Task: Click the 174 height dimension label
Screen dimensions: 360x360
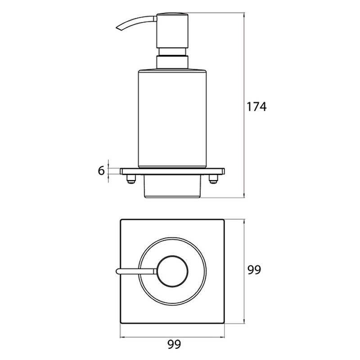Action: tap(256, 107)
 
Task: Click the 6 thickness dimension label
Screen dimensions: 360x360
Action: tap(101, 171)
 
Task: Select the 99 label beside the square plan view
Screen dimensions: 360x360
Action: tap(254, 270)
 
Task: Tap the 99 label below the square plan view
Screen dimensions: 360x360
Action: tap(174, 344)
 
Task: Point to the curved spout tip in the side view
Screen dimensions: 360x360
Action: tap(118, 28)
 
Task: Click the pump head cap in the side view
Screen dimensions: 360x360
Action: tap(172, 31)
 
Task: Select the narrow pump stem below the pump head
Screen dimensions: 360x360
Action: tap(172, 52)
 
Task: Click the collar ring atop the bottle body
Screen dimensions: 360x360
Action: tap(172, 62)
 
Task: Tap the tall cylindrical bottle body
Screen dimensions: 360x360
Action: tap(172, 118)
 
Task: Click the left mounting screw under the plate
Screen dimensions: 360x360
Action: tap(130, 179)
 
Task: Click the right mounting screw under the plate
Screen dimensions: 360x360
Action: tap(213, 179)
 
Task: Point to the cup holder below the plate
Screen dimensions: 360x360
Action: tap(172, 186)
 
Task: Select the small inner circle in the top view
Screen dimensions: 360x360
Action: tap(172, 271)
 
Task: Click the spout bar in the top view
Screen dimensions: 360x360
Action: tap(136, 271)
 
